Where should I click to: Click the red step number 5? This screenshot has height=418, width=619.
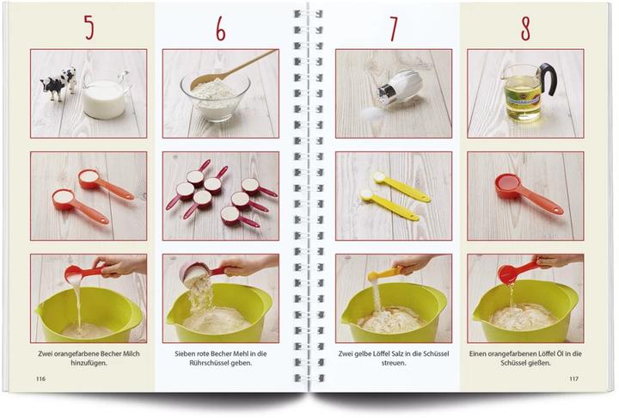89,28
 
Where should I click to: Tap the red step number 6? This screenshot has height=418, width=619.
220,28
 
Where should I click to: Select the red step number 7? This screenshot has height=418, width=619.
393,29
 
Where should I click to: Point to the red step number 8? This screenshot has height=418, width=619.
525,28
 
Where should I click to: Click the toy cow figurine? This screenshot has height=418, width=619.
58,83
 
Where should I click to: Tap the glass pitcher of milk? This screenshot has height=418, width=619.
105,95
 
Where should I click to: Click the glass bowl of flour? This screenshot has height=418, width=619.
216,96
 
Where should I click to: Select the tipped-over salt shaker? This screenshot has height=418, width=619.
398,89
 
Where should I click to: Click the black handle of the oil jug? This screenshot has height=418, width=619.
549,77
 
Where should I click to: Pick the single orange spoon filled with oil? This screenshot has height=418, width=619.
528,193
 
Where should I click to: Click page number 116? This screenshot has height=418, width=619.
40,378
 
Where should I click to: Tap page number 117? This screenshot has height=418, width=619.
573,378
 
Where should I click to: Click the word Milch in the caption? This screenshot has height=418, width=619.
132,353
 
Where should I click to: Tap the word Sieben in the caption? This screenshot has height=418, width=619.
185,353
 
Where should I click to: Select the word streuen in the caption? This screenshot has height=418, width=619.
394,363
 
